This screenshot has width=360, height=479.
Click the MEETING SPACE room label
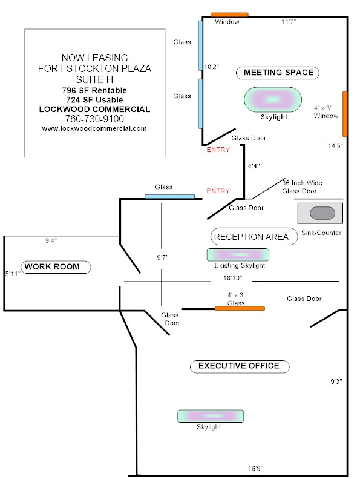point(278,73)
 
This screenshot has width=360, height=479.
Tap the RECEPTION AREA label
point(254,236)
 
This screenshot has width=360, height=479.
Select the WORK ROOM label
point(56,266)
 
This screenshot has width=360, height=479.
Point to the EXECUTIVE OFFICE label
point(240,366)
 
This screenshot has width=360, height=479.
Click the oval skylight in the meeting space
point(273,99)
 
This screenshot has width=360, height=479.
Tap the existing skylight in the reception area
point(238,255)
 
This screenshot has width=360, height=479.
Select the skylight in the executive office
point(211,416)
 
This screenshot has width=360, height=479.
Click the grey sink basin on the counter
point(322,213)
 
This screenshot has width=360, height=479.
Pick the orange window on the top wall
point(229,15)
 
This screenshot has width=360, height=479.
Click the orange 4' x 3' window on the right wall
point(345,114)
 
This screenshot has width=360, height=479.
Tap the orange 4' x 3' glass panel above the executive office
point(240,308)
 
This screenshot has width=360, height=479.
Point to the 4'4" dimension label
point(254,166)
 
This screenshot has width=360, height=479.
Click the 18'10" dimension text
point(233,278)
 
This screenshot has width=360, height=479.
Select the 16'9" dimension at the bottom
point(255,468)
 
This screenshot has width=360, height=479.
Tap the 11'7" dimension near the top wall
point(289,21)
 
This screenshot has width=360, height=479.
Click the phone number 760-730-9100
point(94,119)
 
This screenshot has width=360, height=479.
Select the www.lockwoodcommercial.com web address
point(94,128)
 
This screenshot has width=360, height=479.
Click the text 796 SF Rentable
point(94,90)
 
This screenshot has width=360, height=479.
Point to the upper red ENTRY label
point(218,150)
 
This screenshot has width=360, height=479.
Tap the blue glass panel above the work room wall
point(169,196)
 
